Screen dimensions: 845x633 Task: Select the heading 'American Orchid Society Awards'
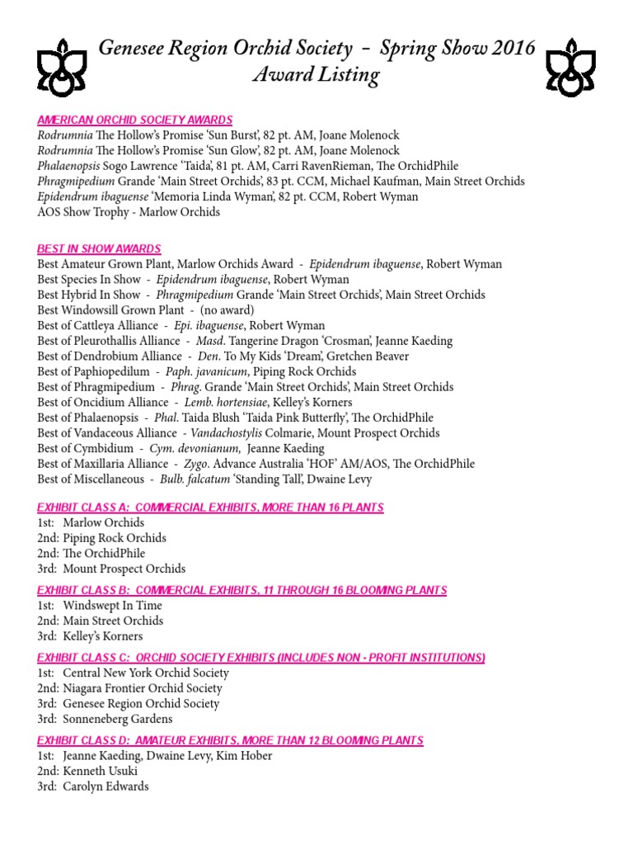pos(134,120)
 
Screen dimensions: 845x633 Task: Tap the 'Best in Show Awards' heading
pos(99,248)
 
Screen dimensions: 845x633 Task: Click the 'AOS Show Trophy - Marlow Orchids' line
pos(129,212)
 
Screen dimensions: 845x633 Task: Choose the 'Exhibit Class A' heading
pos(210,507)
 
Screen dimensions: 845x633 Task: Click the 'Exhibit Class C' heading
pos(261,658)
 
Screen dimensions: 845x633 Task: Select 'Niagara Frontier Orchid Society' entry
pos(143,688)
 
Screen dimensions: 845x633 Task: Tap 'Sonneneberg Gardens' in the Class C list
pos(118,720)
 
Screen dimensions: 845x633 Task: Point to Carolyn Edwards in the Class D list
pos(106,786)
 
